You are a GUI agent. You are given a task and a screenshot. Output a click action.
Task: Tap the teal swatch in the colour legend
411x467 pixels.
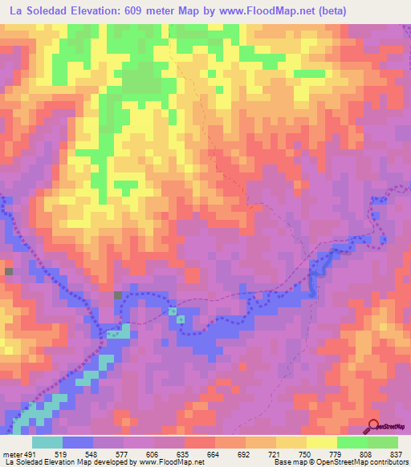click(x=47, y=443)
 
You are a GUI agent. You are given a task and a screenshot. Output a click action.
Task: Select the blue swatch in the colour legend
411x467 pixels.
click(x=78, y=443)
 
